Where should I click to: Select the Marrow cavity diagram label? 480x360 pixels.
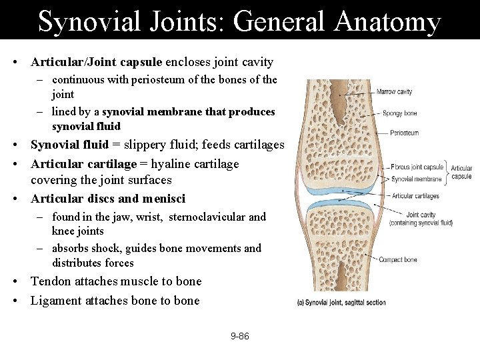(x=395, y=92)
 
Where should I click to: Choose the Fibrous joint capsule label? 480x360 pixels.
(x=417, y=167)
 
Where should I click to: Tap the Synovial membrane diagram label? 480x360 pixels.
(x=417, y=179)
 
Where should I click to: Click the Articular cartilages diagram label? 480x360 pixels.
(x=415, y=196)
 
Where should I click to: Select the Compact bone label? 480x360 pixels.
(x=398, y=260)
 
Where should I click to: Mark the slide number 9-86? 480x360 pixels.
(x=240, y=336)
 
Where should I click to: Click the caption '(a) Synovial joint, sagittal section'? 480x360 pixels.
(x=341, y=302)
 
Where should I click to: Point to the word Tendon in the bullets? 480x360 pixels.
(x=49, y=281)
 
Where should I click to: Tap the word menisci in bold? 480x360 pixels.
(x=164, y=199)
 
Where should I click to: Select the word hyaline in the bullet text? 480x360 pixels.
(x=172, y=164)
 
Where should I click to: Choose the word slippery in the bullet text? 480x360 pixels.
(x=150, y=145)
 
